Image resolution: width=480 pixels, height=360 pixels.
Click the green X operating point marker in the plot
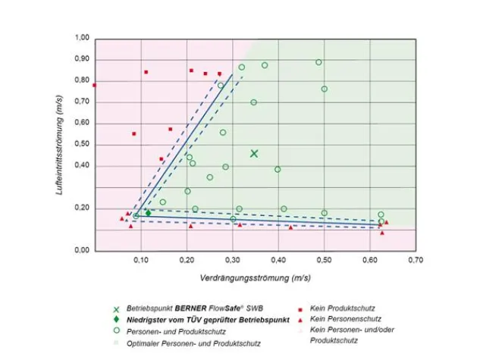tap(255, 154)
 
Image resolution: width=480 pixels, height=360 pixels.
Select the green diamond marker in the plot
tap(149, 213)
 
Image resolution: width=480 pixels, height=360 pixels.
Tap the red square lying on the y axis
tap(95, 86)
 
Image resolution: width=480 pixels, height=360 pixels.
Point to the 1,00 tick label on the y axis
tap(82, 38)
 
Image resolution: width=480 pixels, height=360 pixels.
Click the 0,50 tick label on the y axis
tap(82, 144)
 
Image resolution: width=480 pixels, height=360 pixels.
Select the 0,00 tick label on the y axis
tap(82, 250)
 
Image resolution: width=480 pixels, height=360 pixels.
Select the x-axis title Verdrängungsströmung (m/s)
tap(255, 278)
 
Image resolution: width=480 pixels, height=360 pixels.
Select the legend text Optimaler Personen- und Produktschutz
tap(195, 343)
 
